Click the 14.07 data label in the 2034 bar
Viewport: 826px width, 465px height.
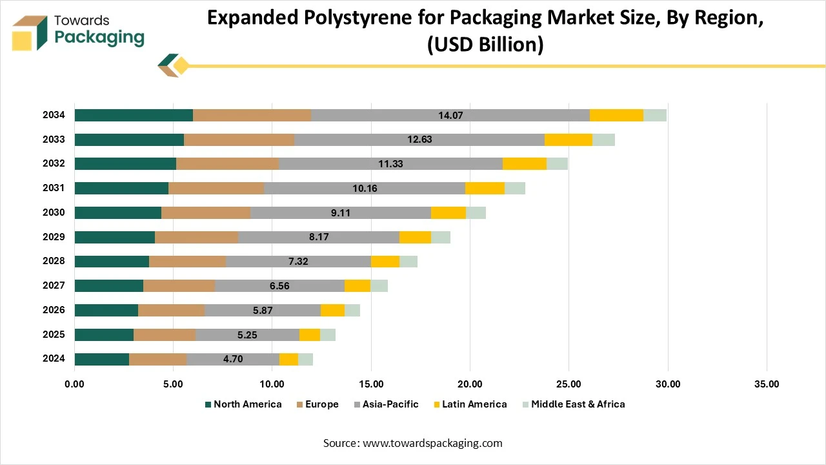pos(450,116)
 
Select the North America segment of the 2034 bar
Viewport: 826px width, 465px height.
pos(134,116)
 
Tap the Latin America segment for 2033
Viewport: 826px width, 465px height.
pos(568,139)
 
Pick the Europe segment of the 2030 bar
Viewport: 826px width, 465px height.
pos(206,213)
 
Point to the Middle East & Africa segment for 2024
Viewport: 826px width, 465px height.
pos(305,360)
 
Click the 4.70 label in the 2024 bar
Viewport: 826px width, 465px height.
pos(233,360)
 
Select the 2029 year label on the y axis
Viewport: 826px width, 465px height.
pos(54,237)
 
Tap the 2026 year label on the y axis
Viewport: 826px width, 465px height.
pos(54,310)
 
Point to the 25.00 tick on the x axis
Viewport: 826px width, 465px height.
pos(569,384)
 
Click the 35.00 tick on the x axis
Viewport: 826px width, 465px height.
pos(766,384)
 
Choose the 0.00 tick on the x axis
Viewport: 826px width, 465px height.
pos(75,384)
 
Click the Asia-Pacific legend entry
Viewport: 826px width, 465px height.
pos(386,404)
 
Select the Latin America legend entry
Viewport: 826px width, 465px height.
pos(469,404)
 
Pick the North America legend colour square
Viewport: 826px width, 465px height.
pos(208,405)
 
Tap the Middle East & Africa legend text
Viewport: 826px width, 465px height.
pos(578,404)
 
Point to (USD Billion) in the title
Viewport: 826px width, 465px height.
pos(485,45)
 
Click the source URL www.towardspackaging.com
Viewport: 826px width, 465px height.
pos(432,443)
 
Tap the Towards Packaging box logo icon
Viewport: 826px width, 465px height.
pos(30,33)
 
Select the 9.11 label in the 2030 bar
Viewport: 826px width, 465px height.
pos(341,213)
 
